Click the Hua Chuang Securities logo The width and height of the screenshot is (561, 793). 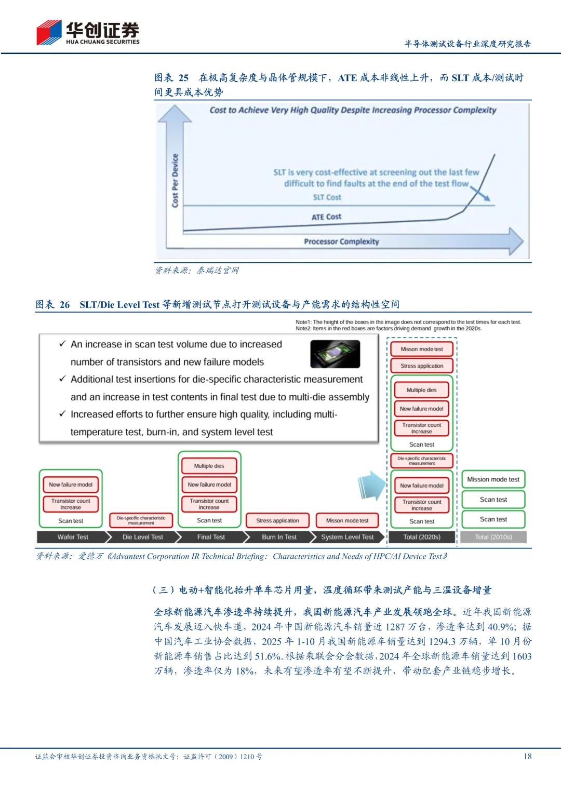tap(87, 33)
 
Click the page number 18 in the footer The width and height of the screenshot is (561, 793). tap(527, 756)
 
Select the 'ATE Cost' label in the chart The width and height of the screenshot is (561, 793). tap(326, 217)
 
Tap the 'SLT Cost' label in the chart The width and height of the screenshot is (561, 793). tap(327, 197)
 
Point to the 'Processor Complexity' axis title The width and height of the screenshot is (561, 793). tap(341, 241)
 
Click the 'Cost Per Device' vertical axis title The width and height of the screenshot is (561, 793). tap(175, 181)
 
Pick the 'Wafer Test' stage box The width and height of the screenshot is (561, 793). tap(73, 537)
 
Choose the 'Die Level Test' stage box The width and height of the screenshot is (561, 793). tap(143, 537)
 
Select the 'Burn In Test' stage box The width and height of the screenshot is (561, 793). tap(279, 537)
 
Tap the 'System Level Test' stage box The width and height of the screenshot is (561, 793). tap(347, 537)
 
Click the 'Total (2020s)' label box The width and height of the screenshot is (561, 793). tap(422, 537)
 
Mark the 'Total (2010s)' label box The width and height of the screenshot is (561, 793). tap(493, 537)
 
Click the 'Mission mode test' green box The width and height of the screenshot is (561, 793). tap(493, 479)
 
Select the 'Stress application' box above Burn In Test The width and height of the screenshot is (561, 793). tap(277, 520)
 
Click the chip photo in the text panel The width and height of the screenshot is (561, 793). tap(335, 354)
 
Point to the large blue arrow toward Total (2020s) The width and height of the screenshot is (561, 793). tap(372, 486)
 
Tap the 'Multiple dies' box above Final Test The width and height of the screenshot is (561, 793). tap(209, 466)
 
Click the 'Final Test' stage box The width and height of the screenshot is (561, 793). tap(211, 537)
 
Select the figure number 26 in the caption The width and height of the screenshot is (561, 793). tap(64, 305)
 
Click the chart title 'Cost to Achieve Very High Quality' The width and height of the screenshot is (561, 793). tap(353, 110)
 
